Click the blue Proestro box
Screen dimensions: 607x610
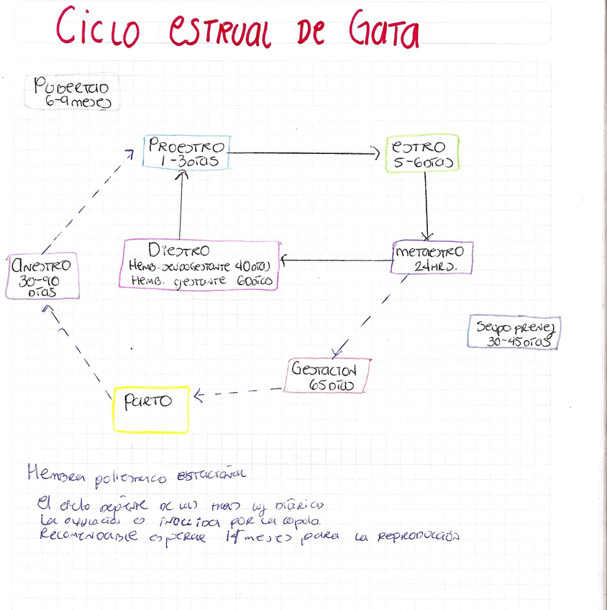186,152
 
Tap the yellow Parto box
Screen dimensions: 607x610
151,409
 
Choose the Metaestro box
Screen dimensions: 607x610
432,258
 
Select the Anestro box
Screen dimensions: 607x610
41,276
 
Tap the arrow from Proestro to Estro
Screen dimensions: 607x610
302,152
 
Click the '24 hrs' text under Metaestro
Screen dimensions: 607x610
433,266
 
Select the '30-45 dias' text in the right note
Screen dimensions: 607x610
512,342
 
